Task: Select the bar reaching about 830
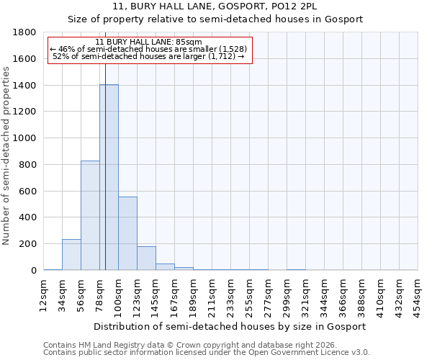point(90,216)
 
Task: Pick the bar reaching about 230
point(71,255)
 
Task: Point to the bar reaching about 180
point(146,258)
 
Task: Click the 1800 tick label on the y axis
point(25,32)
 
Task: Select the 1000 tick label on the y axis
point(25,138)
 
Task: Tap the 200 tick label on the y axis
point(28,244)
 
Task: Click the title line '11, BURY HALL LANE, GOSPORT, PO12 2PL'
point(215,6)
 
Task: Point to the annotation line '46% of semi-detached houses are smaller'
point(148,49)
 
